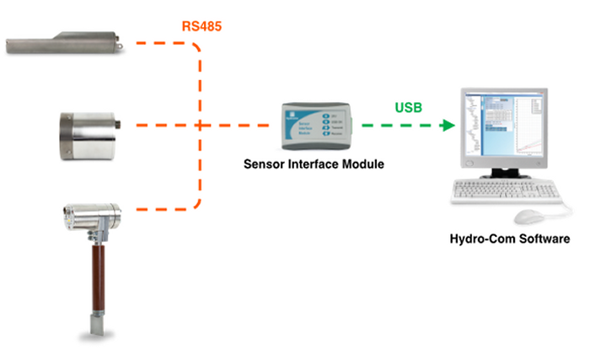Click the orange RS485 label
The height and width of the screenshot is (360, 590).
pyautogui.click(x=203, y=26)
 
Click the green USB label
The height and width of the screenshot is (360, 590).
pyautogui.click(x=409, y=107)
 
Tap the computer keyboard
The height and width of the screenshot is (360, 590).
pyautogui.click(x=497, y=192)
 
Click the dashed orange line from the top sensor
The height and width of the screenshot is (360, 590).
pyautogui.click(x=156, y=41)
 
